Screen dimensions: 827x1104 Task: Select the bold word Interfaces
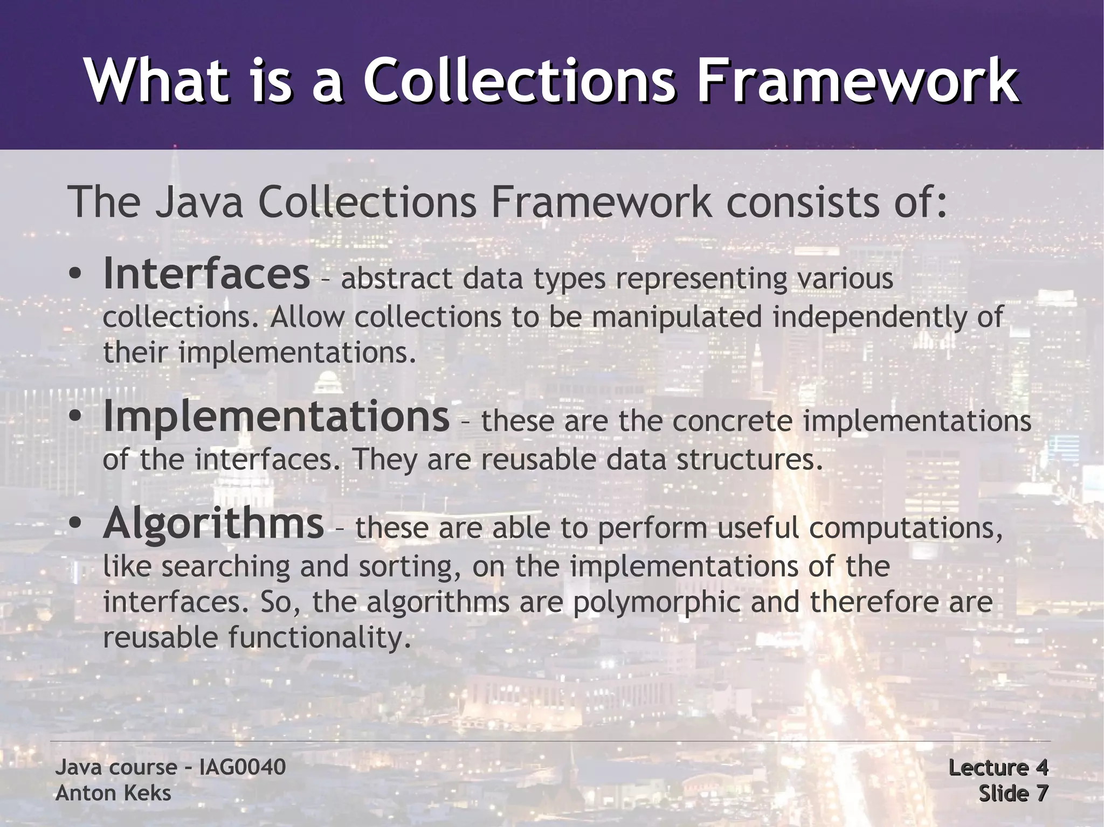click(x=206, y=274)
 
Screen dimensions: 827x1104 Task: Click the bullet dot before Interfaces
click(x=75, y=276)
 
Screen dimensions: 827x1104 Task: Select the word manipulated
click(x=677, y=317)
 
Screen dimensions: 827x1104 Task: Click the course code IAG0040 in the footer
click(x=243, y=767)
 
